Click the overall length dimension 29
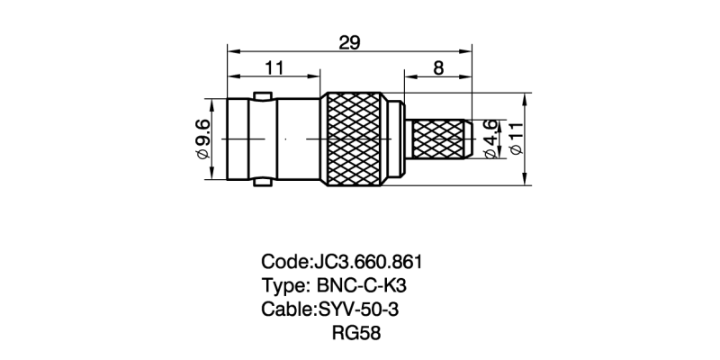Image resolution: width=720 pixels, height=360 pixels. (x=349, y=40)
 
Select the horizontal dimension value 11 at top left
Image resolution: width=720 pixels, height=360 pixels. (x=274, y=67)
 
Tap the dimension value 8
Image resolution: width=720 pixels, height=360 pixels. (x=438, y=67)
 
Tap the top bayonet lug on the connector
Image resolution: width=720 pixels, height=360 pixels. (x=263, y=94)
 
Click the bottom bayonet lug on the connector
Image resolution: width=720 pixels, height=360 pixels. (x=263, y=184)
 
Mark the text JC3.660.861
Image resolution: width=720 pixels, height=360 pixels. (x=366, y=262)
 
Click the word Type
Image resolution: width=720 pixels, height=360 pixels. (x=283, y=286)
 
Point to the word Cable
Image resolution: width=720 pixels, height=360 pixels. (x=285, y=310)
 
